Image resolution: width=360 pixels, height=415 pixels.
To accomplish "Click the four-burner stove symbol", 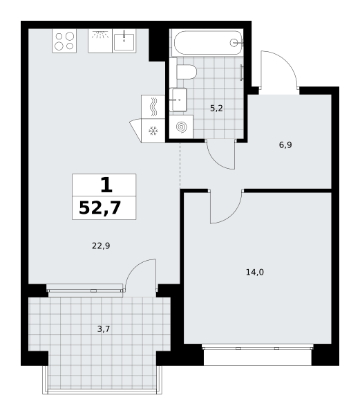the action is click(64, 41).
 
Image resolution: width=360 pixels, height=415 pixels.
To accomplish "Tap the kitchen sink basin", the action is click(124, 41).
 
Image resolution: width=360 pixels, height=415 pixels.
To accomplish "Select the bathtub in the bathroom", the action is click(207, 43).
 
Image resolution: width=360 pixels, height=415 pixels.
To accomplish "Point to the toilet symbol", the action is click(187, 72).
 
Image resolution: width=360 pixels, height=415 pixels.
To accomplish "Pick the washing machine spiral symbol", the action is click(181, 127).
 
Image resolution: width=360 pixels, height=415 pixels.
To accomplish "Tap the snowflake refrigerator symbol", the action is click(153, 131).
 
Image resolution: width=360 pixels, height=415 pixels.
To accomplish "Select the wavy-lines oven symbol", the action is click(153, 107).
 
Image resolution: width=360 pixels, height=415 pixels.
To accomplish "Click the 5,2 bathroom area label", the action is click(216, 108).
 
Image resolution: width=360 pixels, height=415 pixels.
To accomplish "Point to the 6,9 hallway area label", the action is click(285, 145).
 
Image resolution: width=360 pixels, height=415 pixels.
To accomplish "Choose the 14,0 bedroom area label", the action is click(255, 272).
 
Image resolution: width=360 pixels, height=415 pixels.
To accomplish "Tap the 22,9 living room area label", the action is click(101, 246).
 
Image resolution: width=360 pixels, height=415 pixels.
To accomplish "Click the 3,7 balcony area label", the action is click(104, 329).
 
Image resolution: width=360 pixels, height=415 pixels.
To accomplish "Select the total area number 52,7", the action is click(100, 207).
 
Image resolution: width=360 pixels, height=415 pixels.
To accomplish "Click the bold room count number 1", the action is click(107, 185).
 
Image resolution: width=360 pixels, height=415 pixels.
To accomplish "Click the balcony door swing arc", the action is click(135, 267).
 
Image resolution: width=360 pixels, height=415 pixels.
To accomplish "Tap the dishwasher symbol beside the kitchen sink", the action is click(100, 41).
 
